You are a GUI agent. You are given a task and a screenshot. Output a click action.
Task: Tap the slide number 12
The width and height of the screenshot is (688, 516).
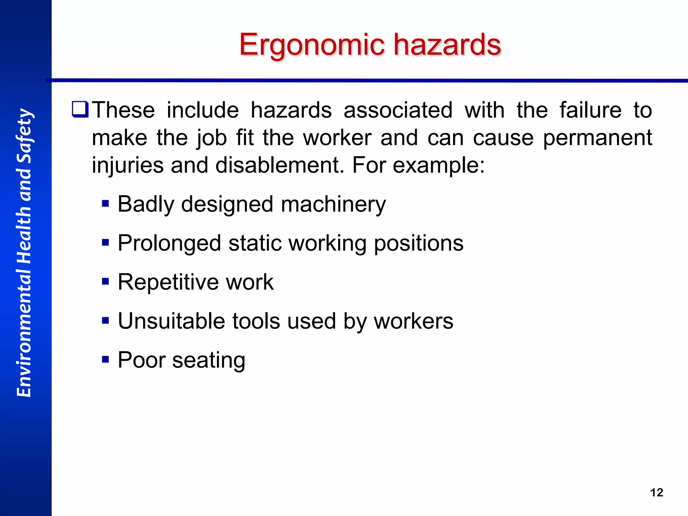coord(656,492)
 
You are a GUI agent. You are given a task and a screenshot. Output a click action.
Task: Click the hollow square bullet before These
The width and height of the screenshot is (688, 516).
coord(80,110)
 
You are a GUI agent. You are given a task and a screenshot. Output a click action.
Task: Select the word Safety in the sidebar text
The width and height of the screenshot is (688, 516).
coord(24,136)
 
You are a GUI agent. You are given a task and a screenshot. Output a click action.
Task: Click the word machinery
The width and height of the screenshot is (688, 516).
coord(333,204)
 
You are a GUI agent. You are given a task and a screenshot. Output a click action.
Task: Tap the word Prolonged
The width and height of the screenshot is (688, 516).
coord(169,243)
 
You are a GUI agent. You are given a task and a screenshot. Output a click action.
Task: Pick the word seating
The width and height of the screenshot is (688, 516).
coord(209,360)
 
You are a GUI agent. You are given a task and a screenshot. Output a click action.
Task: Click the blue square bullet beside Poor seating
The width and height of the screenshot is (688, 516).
coord(105,360)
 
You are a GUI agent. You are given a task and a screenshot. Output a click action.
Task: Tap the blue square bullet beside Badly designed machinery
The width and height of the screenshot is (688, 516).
coord(105,204)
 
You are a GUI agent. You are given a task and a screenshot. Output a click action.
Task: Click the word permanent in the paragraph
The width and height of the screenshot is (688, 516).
coord(597,138)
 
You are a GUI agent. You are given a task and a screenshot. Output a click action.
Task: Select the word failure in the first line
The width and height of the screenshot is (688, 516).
coord(590,110)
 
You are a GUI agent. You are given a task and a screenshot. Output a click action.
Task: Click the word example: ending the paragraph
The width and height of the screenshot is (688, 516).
coord(439,166)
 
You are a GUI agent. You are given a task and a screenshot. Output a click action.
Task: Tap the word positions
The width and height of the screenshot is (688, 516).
coord(419,243)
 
